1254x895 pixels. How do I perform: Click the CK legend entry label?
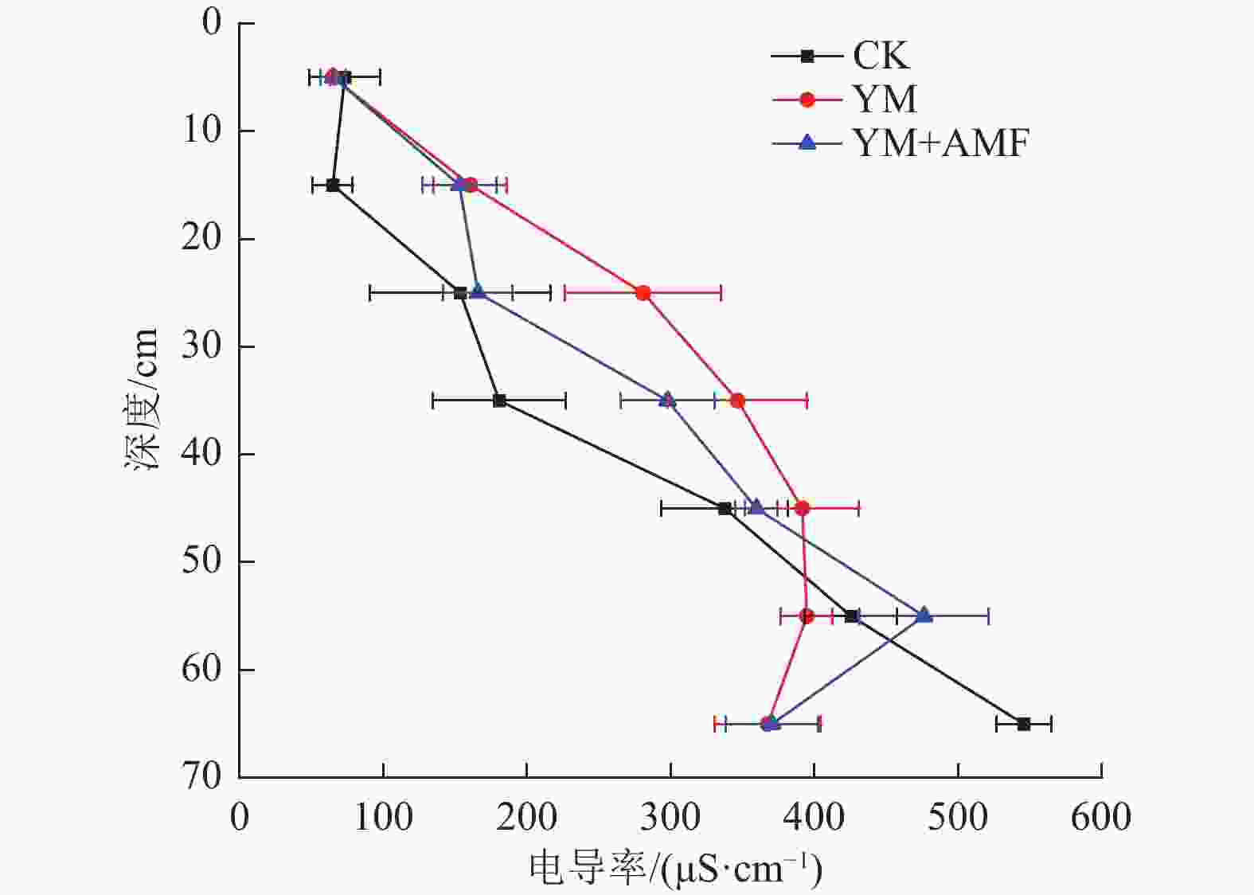click(x=881, y=56)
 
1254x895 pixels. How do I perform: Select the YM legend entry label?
click(x=885, y=100)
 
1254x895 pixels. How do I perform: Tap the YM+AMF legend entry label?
click(x=940, y=143)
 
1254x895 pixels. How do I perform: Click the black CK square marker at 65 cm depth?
click(x=1024, y=724)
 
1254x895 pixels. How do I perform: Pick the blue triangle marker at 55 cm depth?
click(x=924, y=616)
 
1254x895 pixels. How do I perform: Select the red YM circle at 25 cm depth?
click(x=643, y=293)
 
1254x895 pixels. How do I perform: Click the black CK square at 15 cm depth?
click(x=333, y=186)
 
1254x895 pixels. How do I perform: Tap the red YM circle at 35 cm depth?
click(x=737, y=400)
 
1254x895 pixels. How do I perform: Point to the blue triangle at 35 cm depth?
click(x=667, y=400)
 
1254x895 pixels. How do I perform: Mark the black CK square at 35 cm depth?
click(x=499, y=401)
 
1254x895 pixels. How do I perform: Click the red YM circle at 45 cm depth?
click(x=802, y=508)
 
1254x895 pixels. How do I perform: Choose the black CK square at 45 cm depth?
click(x=725, y=508)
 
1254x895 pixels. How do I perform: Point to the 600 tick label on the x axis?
click(x=1101, y=818)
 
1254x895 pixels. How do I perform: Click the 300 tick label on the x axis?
click(x=670, y=818)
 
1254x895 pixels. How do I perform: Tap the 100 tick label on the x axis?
click(x=383, y=818)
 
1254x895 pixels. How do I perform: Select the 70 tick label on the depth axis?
click(x=201, y=776)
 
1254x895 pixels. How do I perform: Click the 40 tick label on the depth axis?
click(x=201, y=453)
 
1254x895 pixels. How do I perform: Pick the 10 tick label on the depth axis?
click(x=201, y=130)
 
